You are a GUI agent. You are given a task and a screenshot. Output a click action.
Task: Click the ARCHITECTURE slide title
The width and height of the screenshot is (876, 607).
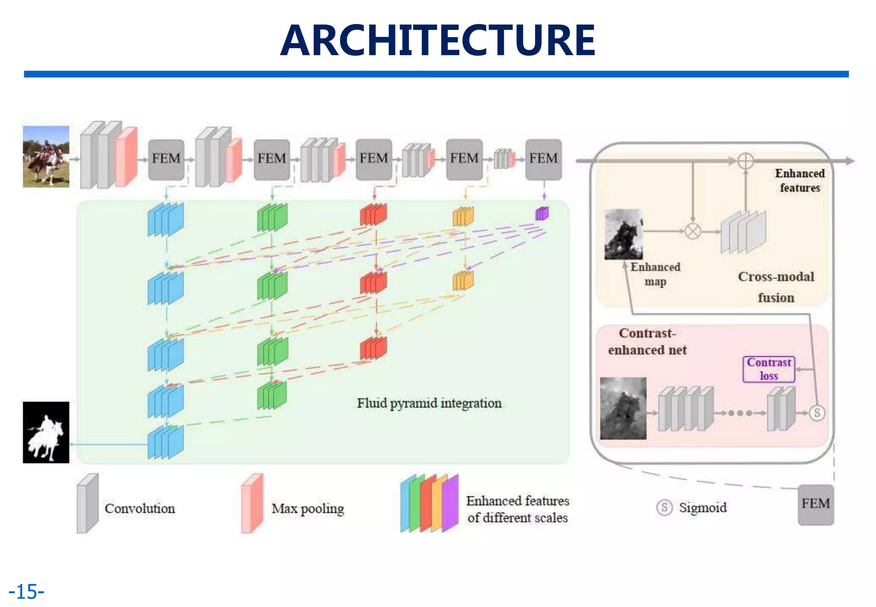coord(438,41)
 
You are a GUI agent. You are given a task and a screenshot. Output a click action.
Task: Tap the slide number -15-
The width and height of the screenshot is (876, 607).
coord(27,592)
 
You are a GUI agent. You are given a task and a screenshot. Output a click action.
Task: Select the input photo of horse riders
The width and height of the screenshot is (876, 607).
coord(46,157)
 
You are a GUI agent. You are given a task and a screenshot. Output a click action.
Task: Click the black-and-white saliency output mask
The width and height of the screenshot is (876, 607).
coord(46,432)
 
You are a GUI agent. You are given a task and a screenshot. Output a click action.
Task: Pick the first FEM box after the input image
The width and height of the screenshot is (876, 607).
coord(166,159)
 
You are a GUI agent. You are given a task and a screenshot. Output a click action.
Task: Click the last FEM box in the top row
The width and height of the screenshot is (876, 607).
coord(543,159)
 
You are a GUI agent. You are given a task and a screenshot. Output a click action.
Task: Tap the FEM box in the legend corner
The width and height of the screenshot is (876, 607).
coord(816,504)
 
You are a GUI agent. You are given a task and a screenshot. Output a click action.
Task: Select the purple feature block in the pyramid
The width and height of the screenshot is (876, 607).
coord(542,213)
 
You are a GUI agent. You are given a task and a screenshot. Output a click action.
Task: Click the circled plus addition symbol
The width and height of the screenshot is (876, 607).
coord(746,161)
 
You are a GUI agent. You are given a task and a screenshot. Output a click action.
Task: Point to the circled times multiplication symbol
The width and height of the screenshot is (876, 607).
coord(693,231)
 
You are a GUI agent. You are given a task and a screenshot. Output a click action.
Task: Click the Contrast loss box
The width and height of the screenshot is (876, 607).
coord(769,369)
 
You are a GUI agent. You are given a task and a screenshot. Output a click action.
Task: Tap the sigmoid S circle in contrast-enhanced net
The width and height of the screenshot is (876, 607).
coord(817,413)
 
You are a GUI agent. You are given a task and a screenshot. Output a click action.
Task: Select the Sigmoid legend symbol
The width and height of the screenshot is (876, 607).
coord(664,508)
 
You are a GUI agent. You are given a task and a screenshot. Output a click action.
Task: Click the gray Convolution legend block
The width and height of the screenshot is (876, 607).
coord(88,503)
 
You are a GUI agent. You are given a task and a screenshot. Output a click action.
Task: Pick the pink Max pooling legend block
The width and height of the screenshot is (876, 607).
coord(252,503)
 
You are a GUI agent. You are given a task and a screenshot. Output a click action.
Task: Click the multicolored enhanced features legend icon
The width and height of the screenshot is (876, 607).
coord(429,503)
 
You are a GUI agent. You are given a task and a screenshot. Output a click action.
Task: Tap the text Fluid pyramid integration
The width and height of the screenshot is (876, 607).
coord(429,403)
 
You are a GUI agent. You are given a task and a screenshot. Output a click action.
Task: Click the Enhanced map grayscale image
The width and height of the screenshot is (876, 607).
coord(623,234)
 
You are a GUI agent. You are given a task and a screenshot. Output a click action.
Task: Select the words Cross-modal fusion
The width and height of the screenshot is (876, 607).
coord(776,287)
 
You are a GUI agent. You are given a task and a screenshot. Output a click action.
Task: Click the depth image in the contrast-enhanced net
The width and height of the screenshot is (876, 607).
coord(623,408)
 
